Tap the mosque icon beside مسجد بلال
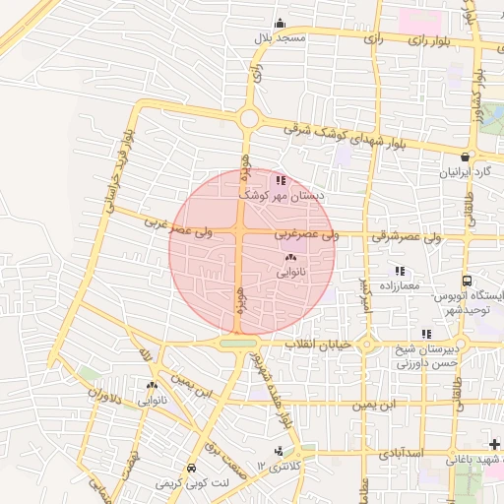click(281, 24)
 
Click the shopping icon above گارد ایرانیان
click(465, 157)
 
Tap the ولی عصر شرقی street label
click(407, 237)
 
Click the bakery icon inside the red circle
click(290, 258)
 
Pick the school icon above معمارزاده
click(399, 271)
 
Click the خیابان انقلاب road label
click(317, 345)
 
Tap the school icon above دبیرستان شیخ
click(426, 334)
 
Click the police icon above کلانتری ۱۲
click(281, 451)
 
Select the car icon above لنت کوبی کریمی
click(190, 468)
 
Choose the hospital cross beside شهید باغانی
click(493, 446)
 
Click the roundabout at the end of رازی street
click(249, 119)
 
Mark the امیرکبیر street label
click(365, 293)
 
